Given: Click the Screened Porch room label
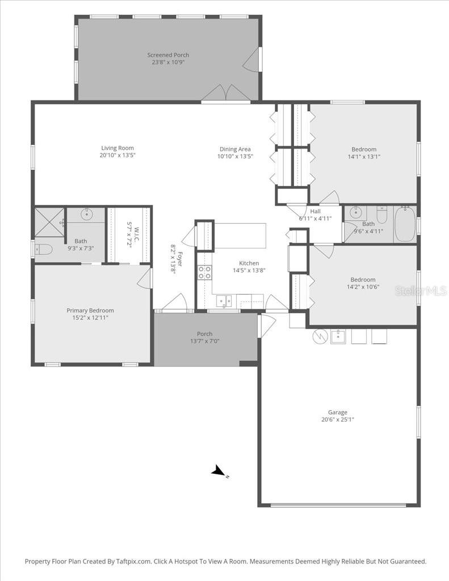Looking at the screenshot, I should [168, 55].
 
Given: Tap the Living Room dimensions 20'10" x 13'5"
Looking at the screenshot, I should [118, 155].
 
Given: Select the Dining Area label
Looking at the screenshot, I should [235, 149].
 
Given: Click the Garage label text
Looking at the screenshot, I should [337, 412].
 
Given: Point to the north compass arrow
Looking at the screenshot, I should [218, 471].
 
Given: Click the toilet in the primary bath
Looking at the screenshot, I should [44, 249].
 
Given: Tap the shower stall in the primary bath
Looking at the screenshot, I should [50, 222].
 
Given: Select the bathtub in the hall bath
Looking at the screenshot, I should [405, 225].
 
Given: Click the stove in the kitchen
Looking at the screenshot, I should [204, 272].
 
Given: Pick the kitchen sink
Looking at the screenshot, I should [224, 301].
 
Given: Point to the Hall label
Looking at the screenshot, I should [315, 212].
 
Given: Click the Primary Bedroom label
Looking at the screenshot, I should [90, 310].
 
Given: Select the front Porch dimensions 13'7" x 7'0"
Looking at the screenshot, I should [204, 341].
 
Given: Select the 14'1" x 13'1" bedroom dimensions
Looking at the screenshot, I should [363, 157].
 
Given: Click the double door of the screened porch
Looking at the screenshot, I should [226, 93].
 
